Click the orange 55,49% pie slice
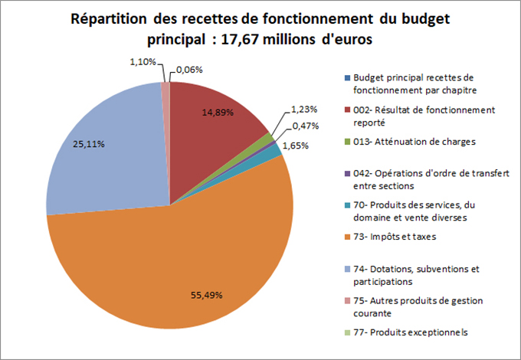[x=176, y=260]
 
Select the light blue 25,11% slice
[x=107, y=153]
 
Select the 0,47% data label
[x=306, y=126]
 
